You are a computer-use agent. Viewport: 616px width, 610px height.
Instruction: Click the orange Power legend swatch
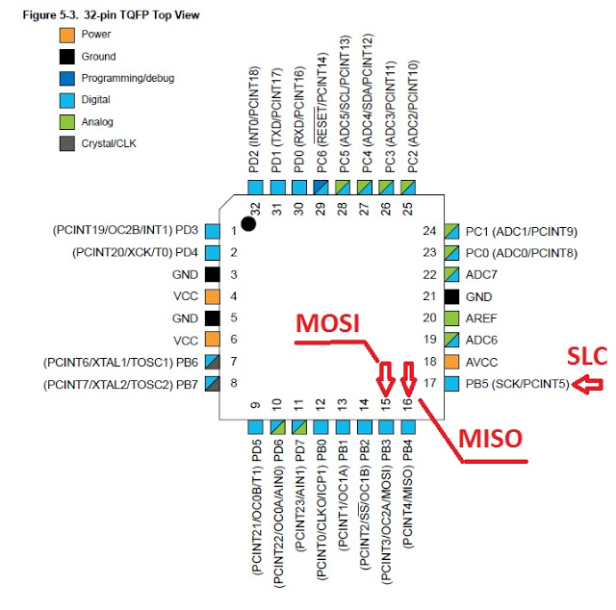pos(66,35)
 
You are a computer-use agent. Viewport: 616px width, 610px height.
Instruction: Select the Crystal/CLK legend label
pos(109,143)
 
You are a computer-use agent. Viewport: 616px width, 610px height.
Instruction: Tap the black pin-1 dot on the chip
pos(248,224)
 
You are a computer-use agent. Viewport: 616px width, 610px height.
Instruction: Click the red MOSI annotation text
pos(327,323)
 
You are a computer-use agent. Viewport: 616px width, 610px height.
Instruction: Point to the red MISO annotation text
pos(490,439)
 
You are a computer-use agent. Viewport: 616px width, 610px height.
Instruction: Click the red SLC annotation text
pos(587,356)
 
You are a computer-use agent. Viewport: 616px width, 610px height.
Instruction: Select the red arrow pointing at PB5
pos(587,385)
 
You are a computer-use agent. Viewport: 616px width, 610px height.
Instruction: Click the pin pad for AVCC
pos(451,362)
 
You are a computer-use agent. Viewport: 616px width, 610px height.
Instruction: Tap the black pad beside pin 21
pos(451,296)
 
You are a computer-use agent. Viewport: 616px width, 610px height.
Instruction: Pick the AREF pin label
pos(481,318)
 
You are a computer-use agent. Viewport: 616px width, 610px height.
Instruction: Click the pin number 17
pos(430,383)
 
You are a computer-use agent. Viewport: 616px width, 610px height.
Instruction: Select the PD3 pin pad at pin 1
pos(213,231)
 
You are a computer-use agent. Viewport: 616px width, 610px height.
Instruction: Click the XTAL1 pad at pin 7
pos(213,362)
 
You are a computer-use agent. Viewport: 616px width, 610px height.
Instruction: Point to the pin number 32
pos(255,209)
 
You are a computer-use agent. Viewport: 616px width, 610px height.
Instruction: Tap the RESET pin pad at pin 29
pos(321,187)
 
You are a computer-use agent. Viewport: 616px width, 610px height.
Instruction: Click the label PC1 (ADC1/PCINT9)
pos(522,232)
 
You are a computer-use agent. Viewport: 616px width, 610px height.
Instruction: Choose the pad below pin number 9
pos(255,427)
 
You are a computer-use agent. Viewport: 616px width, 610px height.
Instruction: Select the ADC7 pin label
pos(481,274)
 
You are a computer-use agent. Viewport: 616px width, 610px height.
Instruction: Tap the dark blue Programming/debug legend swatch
pos(66,79)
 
